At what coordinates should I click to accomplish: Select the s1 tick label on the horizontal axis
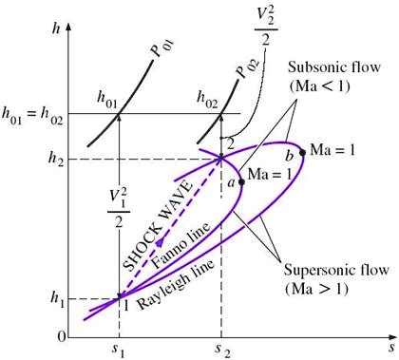[119, 349]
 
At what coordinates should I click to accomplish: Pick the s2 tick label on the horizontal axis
[221, 349]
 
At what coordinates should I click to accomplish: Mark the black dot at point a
[239, 181]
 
